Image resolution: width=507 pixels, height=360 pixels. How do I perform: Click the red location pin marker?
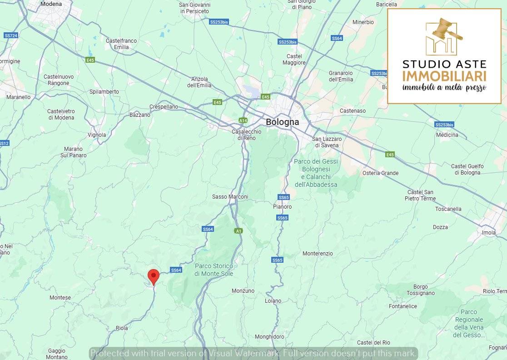pos(154,276)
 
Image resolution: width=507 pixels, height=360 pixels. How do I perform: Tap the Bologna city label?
pos(282,122)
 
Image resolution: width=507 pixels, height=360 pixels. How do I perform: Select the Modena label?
pos(51,4)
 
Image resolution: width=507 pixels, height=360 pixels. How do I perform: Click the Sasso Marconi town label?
pos(230,197)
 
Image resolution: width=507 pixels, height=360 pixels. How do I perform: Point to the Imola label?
pos(488,233)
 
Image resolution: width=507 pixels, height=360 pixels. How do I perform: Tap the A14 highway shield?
pos(243,120)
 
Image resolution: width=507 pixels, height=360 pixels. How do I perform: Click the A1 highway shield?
pos(238,231)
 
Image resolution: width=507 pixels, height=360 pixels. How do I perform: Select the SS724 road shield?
pos(10,35)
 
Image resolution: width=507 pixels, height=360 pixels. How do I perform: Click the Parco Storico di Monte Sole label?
pos(214,270)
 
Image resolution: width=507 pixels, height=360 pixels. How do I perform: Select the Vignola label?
pos(96,135)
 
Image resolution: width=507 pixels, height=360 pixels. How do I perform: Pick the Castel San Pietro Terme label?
pos(420,195)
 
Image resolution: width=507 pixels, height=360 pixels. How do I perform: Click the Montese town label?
pos(60,298)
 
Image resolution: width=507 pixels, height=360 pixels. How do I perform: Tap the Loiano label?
pos(273,301)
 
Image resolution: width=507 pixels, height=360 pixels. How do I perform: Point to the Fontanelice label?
pos(403,306)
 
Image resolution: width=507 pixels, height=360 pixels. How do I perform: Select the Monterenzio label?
pos(318,253)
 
